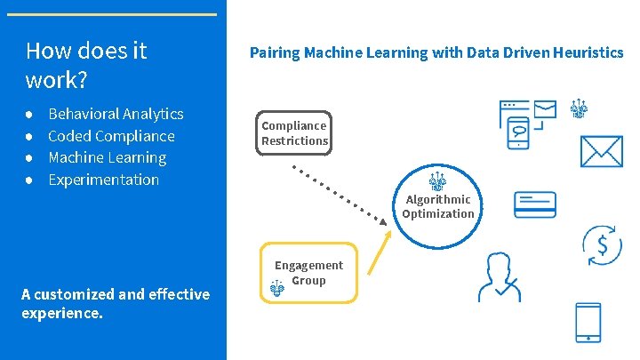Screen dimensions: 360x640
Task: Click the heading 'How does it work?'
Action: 86,65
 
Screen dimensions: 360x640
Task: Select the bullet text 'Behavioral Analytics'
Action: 116,114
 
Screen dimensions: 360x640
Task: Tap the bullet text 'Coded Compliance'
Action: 111,136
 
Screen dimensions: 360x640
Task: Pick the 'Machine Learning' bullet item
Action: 107,157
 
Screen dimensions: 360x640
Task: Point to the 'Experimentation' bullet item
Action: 103,180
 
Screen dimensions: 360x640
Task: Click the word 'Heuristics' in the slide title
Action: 588,52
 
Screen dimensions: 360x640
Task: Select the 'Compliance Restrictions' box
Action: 294,133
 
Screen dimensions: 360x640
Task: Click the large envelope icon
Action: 604,151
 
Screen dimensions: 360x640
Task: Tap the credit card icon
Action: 535,205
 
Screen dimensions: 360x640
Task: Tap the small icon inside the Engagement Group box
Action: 277,287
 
